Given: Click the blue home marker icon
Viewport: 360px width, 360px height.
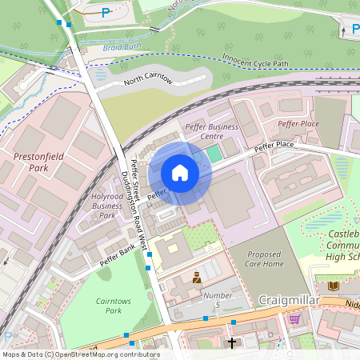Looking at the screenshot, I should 180,173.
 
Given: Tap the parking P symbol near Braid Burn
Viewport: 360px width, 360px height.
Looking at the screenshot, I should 106,12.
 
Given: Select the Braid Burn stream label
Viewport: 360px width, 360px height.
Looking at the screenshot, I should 122,50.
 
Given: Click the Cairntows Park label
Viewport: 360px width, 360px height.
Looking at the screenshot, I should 102,304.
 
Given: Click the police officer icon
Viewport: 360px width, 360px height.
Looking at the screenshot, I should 194,278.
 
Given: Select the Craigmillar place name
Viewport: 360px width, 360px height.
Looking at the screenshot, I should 290,299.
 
